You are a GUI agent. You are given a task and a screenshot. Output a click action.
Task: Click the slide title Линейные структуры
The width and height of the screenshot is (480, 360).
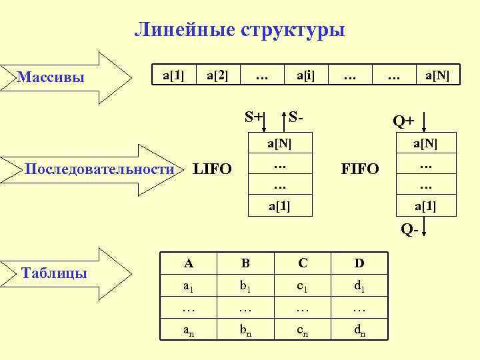pyautogui.click(x=239, y=30)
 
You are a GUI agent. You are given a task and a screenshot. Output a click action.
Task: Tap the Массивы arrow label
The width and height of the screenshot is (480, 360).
pyautogui.click(x=51, y=78)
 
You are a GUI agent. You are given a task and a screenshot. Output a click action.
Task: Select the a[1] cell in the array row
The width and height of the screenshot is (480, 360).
pyautogui.click(x=173, y=75)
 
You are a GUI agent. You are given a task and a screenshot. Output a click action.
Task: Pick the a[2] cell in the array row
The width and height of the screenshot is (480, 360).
pyautogui.click(x=217, y=75)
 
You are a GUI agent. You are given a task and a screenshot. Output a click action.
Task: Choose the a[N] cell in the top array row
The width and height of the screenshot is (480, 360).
pyautogui.click(x=437, y=75)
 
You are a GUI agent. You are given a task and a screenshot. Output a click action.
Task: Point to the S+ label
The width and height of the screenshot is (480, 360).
pyautogui.click(x=253, y=117)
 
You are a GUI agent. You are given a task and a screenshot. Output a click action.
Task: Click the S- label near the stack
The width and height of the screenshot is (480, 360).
pyautogui.click(x=297, y=117)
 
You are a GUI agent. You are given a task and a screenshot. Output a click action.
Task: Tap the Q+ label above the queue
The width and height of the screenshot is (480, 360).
pyautogui.click(x=403, y=121)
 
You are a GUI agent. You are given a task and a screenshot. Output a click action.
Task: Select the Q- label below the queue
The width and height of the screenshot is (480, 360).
pyautogui.click(x=409, y=229)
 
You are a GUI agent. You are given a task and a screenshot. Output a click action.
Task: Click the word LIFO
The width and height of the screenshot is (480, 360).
pyautogui.click(x=212, y=169)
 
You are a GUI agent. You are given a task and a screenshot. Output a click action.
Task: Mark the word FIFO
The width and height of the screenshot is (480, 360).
pyautogui.click(x=360, y=169)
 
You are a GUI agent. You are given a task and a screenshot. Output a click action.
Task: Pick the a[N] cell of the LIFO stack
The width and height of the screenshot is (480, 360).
pyautogui.click(x=279, y=142)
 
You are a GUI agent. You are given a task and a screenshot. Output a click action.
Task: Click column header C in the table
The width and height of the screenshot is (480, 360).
pyautogui.click(x=303, y=263)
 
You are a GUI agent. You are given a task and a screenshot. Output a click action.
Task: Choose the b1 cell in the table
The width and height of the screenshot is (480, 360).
pyautogui.click(x=245, y=287)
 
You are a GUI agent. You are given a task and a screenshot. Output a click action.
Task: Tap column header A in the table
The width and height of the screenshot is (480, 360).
pyautogui.click(x=189, y=263)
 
